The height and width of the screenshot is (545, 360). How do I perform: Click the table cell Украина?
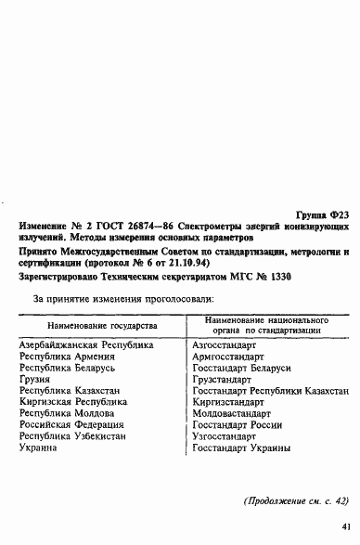39,448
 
